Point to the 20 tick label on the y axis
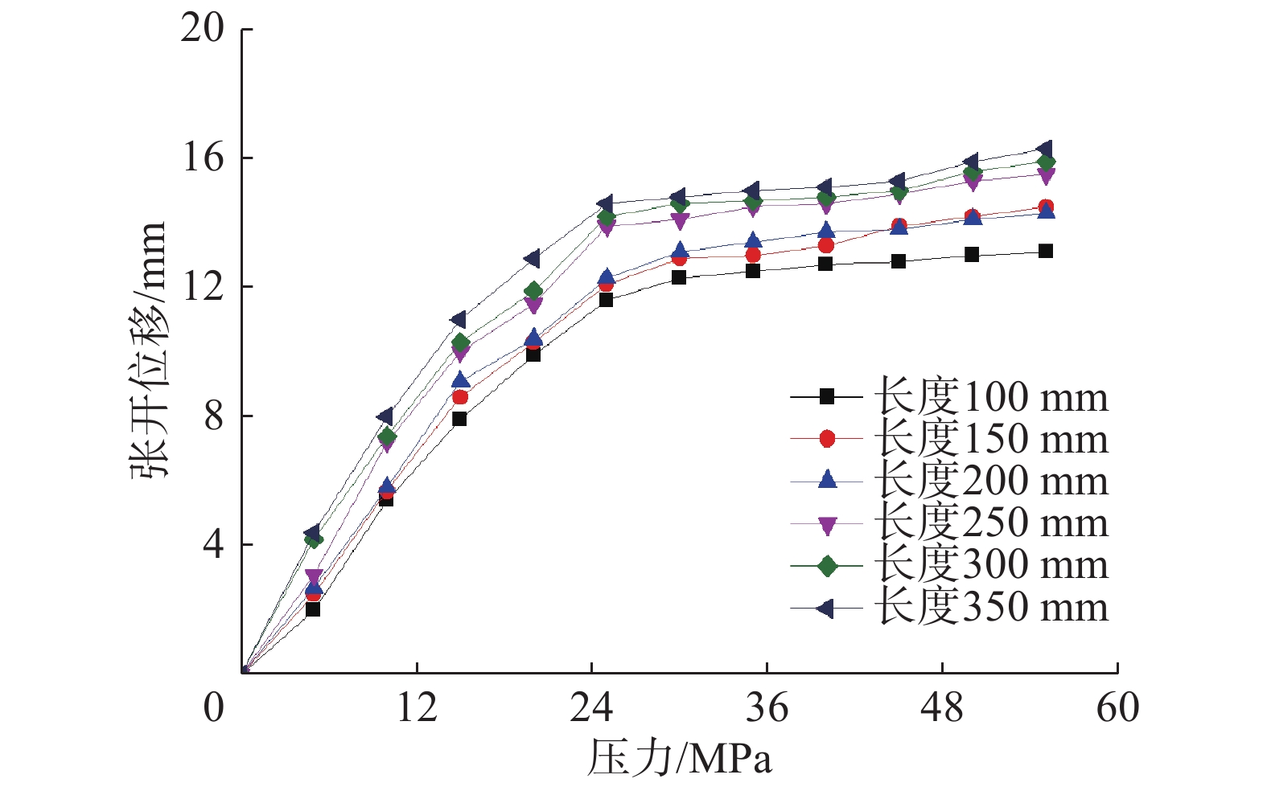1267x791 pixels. [202, 29]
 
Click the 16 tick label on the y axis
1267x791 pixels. [202, 158]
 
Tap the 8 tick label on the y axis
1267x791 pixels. [213, 416]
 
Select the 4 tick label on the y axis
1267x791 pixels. [213, 544]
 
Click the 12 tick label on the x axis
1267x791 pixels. [417, 708]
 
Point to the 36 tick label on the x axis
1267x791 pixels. [767, 708]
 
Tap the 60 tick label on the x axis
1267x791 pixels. [1117, 708]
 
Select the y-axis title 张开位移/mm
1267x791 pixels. [148, 350]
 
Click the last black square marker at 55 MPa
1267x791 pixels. [1045, 252]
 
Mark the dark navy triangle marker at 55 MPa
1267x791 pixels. [1045, 150]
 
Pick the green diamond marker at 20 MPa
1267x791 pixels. [533, 291]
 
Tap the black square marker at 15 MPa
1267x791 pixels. [459, 419]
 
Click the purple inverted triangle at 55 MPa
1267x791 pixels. [1045, 176]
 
